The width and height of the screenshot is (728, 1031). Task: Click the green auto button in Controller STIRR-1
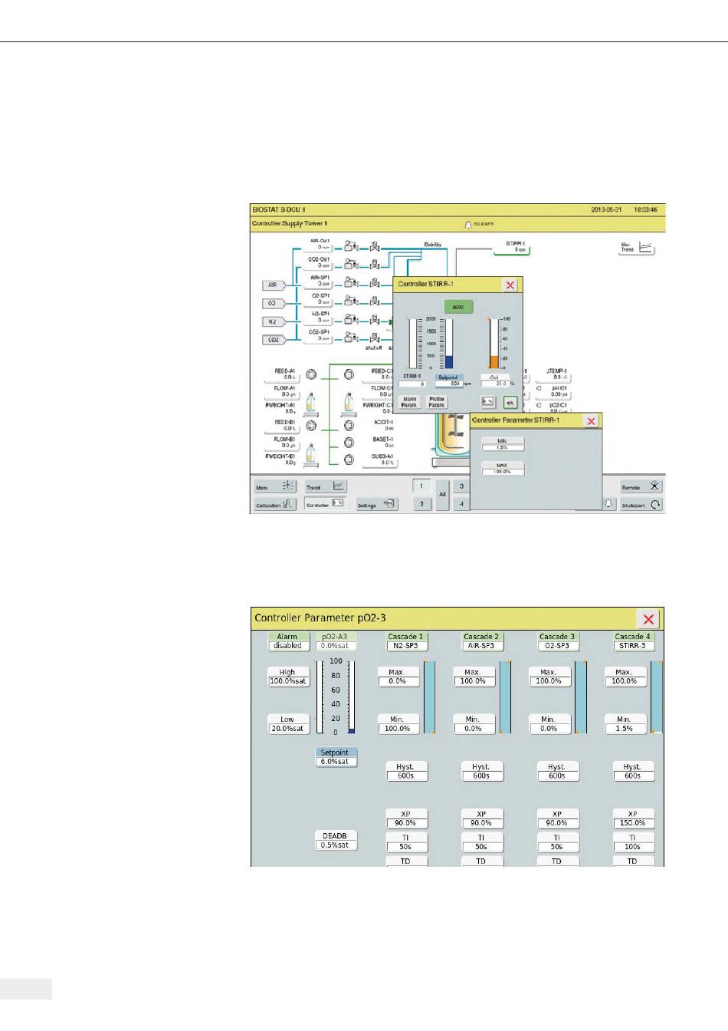tap(457, 307)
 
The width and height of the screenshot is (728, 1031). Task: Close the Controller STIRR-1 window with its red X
tap(510, 285)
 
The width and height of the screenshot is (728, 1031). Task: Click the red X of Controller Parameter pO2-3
tap(648, 619)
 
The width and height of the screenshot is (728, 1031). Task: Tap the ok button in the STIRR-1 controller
tap(510, 402)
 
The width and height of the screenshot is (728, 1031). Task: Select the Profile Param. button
tap(436, 402)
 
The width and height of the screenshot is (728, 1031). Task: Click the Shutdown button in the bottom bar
tap(641, 505)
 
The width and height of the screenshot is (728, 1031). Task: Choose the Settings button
tap(376, 505)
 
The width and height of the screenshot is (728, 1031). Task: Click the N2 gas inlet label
tap(273, 321)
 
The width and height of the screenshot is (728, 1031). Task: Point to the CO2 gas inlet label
tap(273, 339)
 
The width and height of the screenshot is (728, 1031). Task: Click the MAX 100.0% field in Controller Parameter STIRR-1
tap(503, 469)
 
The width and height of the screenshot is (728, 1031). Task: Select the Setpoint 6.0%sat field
tap(336, 757)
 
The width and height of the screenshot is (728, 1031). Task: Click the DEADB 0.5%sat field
tap(336, 840)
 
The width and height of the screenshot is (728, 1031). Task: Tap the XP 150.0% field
tap(632, 819)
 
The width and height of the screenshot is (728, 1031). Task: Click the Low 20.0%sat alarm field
tap(287, 724)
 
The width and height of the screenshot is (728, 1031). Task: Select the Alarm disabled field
tap(287, 641)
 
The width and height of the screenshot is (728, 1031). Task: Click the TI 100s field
tap(632, 842)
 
